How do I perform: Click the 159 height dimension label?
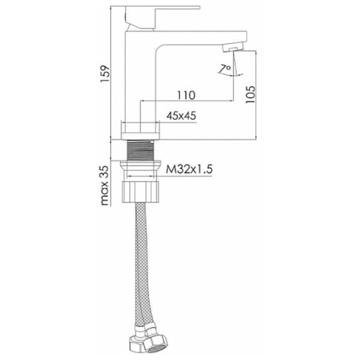(106, 74)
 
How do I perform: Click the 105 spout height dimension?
(250, 95)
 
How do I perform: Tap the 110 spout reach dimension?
(186, 95)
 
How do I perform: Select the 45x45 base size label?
(181, 116)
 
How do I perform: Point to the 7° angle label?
(226, 68)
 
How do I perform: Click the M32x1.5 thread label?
(190, 169)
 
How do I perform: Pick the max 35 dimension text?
(104, 185)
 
